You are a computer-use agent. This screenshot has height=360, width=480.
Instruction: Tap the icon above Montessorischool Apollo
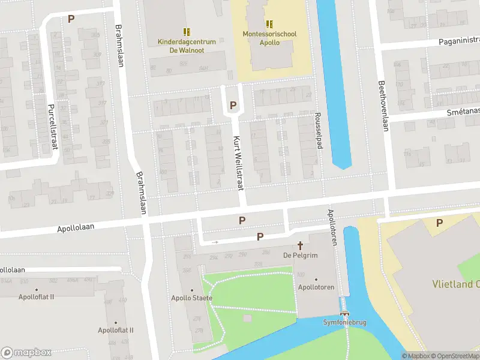tap(269, 24)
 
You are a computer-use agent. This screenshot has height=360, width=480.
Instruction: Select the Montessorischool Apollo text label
tap(269, 39)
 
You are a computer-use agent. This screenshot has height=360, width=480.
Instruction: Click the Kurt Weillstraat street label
tap(238, 162)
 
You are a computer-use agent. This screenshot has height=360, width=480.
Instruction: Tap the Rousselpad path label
tap(320, 130)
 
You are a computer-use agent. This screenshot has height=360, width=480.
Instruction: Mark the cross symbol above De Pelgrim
tap(300, 246)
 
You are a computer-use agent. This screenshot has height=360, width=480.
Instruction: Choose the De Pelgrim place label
tap(300, 256)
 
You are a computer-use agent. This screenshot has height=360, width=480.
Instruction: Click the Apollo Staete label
tap(191, 298)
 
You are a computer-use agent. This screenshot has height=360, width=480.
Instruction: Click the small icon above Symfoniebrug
tap(344, 313)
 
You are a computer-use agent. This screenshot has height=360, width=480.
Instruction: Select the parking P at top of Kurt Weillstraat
tap(233, 106)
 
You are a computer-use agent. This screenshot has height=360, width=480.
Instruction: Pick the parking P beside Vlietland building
tap(439, 223)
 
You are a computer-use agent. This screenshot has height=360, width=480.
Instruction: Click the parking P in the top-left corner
tap(71, 19)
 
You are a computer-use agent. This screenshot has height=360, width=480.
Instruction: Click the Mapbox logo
tap(26, 352)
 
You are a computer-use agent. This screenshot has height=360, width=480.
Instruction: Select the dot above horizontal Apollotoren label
tap(316, 279)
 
